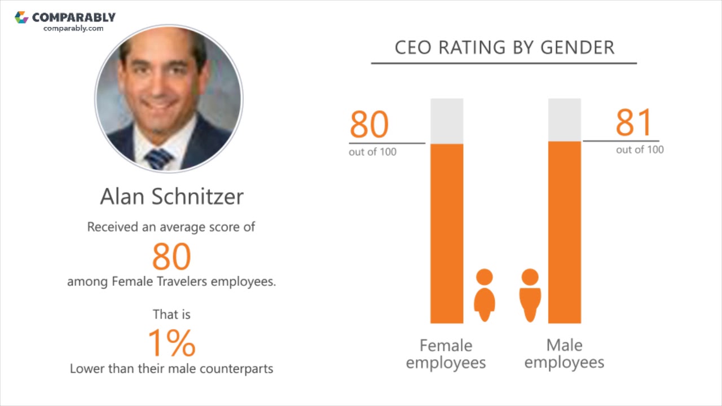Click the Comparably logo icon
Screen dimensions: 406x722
[21, 17]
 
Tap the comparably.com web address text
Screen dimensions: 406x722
[73, 28]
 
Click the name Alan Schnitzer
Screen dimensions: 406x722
[171, 196]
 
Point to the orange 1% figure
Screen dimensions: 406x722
[171, 342]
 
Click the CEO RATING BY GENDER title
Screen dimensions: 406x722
[504, 47]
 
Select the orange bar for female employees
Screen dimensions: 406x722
[447, 233]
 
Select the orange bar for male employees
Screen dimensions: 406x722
[564, 232]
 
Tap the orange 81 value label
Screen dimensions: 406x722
[634, 123]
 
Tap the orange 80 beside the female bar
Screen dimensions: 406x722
[369, 125]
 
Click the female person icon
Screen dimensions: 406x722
[484, 295]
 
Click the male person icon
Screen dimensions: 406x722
[530, 295]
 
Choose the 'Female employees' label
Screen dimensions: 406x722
[446, 354]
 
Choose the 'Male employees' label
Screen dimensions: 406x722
[564, 354]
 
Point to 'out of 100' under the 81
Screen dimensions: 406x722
[640, 149]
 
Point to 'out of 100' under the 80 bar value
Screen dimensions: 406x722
[372, 152]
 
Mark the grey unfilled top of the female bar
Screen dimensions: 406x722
[447, 121]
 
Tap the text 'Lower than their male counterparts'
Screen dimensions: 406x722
[171, 369]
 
